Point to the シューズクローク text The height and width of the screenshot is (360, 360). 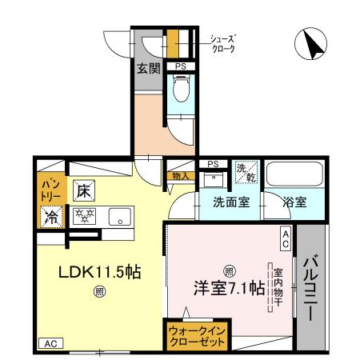click(222, 43)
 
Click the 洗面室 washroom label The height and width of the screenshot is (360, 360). click(230, 203)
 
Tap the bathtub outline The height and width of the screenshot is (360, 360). click(294, 174)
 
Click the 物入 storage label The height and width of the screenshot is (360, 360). click(181, 176)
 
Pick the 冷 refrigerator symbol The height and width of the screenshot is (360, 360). click(50, 215)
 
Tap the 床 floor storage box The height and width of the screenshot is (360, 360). click(82, 190)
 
